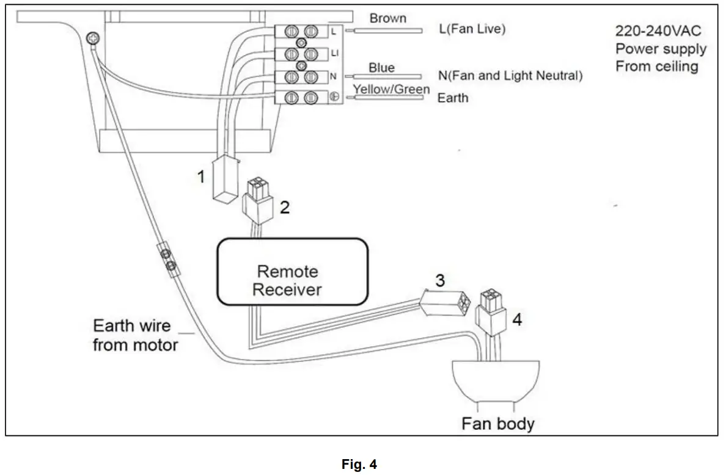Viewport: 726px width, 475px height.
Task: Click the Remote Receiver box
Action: (292, 271)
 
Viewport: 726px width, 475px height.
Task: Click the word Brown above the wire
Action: (387, 18)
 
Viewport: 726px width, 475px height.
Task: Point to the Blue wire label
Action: (381, 68)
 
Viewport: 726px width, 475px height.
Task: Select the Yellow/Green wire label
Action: (391, 90)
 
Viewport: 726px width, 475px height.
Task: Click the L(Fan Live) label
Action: (472, 29)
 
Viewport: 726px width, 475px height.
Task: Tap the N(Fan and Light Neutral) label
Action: (510, 76)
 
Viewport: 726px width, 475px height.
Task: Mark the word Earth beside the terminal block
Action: (453, 98)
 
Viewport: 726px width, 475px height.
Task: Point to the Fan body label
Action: (497, 423)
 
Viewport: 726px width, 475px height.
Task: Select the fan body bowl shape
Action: (496, 379)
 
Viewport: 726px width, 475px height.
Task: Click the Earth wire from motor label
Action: (135, 335)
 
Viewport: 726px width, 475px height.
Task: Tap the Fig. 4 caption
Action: (359, 465)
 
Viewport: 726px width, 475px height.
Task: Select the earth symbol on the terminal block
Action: (334, 96)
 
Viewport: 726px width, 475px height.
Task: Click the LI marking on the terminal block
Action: (334, 54)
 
